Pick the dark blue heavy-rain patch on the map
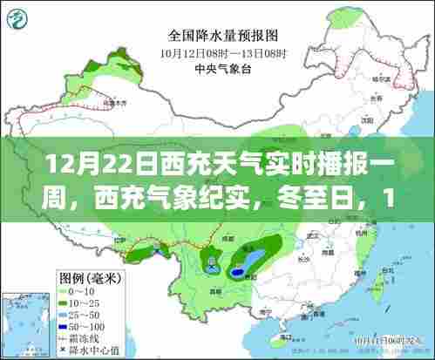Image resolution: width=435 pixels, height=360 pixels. [x=237, y=272]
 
